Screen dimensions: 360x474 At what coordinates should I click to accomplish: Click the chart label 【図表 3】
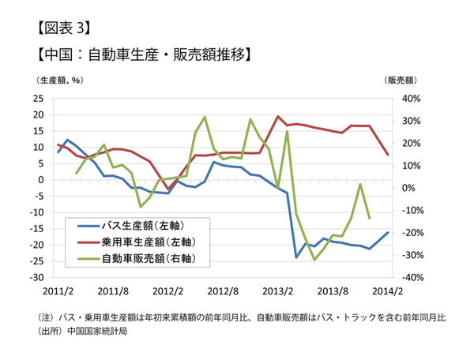(x=63, y=28)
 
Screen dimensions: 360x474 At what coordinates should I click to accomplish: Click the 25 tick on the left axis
(x=38, y=99)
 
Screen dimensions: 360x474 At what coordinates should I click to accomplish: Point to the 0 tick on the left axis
(x=40, y=180)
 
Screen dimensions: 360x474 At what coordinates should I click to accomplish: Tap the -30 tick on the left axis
(x=36, y=278)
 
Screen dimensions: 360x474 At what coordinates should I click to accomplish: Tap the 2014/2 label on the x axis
(x=387, y=291)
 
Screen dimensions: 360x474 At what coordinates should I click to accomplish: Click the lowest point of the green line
(x=314, y=260)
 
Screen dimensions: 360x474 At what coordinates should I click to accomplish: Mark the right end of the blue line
(x=387, y=232)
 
